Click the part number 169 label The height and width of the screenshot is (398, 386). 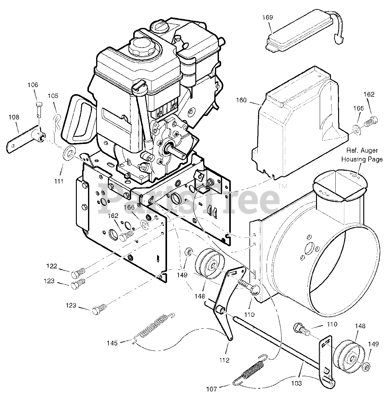pos(268,18)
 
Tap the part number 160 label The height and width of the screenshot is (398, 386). pos(241,100)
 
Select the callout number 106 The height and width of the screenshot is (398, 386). pos(33,85)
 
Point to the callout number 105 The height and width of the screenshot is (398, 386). pos(53,96)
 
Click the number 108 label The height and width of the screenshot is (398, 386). pos(14,117)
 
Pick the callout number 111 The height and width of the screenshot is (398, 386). pos(59,181)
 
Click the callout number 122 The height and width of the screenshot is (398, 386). pos(52,266)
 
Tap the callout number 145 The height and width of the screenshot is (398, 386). pos(112,343)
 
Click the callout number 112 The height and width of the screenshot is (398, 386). pos(224,360)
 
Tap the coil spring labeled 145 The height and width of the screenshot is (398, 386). pos(154,328)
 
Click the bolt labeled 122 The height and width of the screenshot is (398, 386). pos(79,272)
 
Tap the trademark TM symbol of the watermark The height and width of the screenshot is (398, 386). pos(282,186)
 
